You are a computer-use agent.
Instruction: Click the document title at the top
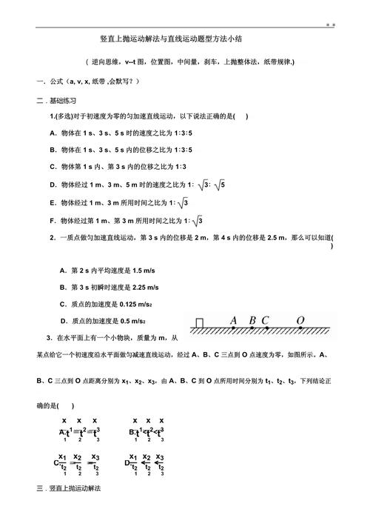184,39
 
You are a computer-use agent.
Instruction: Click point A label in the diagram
233,320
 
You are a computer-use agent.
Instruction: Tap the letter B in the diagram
252,320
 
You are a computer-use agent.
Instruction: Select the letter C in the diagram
265,320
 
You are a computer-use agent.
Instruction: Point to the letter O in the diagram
300,320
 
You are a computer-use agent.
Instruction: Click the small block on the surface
198,323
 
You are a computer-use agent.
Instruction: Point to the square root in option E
184,202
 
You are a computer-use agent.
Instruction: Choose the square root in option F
198,219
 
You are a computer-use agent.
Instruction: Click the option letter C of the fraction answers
55,463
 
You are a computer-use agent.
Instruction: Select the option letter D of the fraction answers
127,463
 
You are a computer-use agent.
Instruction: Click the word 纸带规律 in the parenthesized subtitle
277,62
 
